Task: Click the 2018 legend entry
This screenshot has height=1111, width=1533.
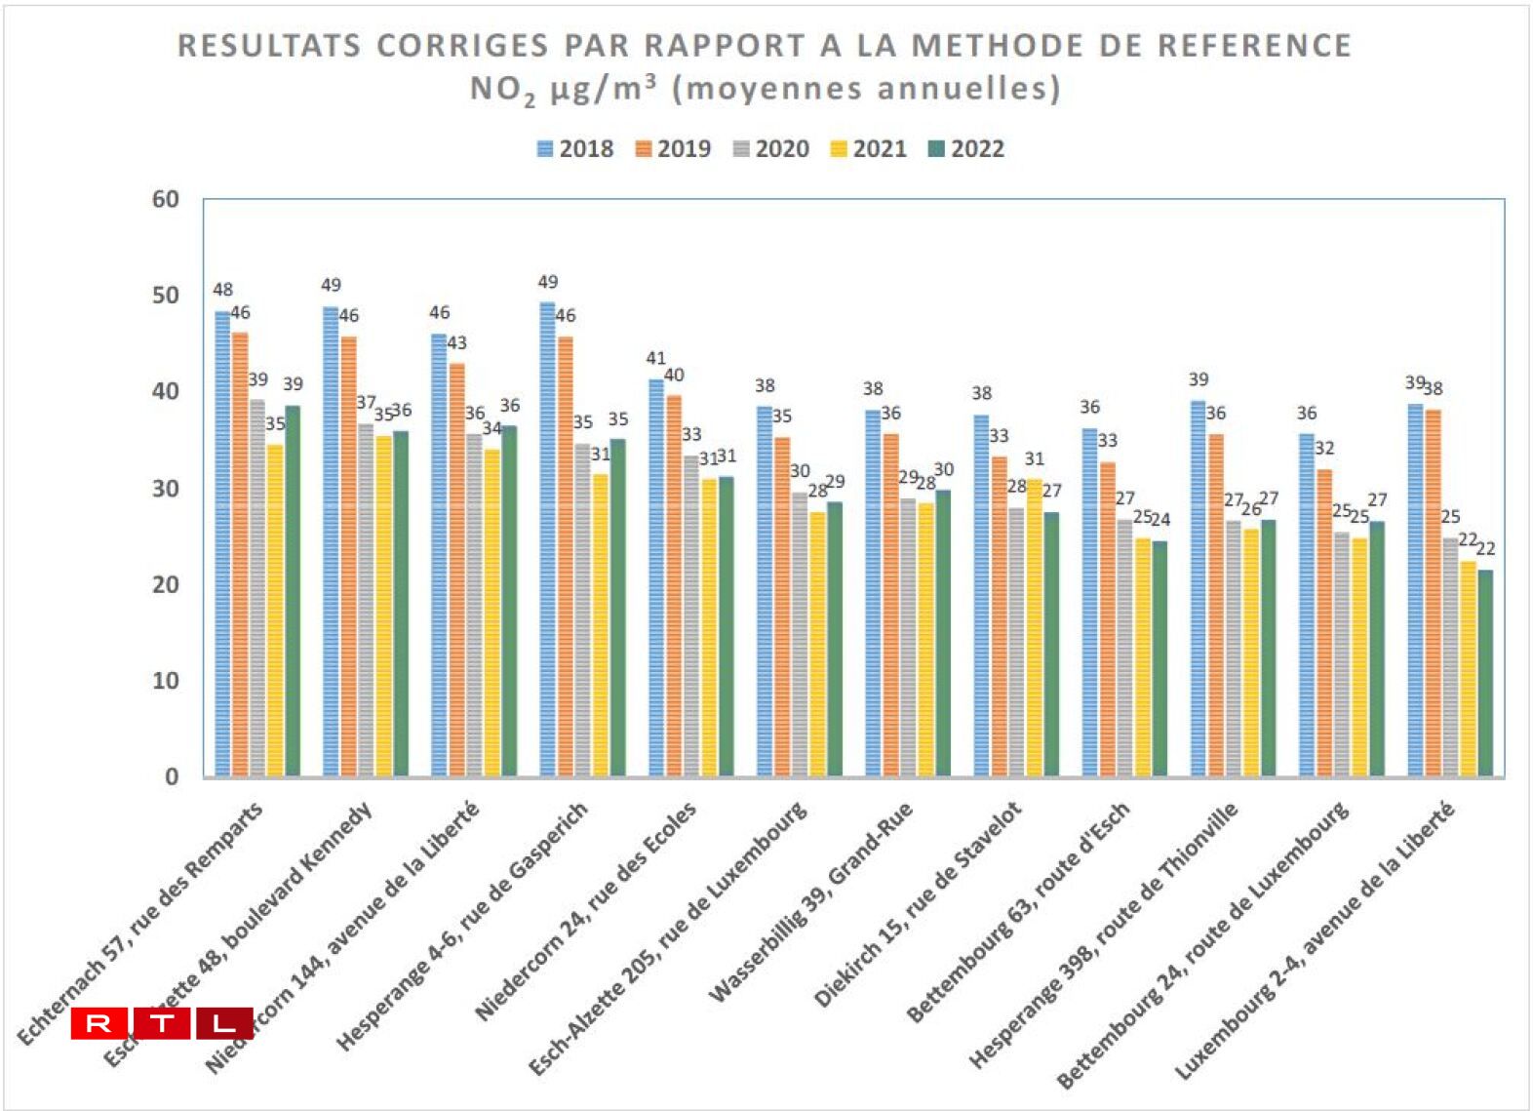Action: point(575,149)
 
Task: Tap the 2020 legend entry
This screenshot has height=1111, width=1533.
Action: point(770,149)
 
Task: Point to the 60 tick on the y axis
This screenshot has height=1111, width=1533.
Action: point(166,199)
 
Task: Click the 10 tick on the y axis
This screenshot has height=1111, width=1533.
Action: point(166,681)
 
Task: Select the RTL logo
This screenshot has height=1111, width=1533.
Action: point(162,1023)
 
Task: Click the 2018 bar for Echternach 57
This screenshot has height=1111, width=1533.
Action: point(222,546)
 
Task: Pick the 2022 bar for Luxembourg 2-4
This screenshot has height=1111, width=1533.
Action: point(1485,673)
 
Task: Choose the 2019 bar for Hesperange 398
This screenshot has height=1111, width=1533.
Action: point(1215,605)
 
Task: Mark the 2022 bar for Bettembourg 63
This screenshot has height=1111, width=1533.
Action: point(1160,658)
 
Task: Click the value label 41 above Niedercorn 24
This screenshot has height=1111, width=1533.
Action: point(655,359)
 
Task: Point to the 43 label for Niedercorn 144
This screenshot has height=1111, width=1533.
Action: point(456,343)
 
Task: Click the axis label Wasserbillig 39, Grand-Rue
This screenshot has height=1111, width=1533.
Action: point(811,901)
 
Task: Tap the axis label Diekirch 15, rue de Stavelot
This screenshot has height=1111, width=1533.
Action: point(919,903)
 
